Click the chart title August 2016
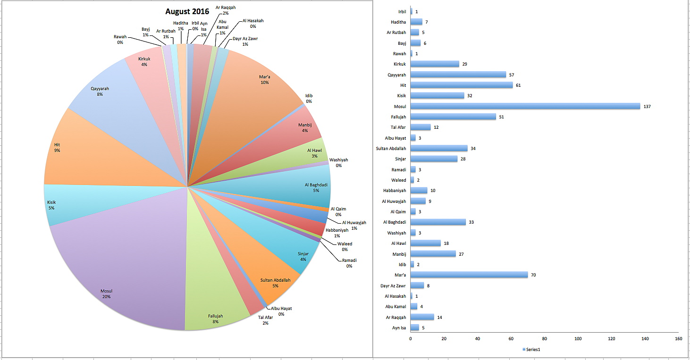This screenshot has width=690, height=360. (x=187, y=12)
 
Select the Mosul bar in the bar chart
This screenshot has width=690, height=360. (x=525, y=106)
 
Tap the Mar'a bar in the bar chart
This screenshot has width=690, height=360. (x=469, y=275)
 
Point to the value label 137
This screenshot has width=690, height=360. (x=647, y=107)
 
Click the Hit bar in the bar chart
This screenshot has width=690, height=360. (x=462, y=85)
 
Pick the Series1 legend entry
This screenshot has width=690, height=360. (x=533, y=349)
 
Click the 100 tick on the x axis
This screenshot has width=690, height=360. (x=578, y=339)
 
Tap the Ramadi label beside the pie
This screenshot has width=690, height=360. (x=349, y=263)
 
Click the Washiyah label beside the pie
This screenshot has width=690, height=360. (x=338, y=162)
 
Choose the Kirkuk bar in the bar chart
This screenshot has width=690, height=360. (x=435, y=64)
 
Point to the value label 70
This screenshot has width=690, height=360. (x=534, y=275)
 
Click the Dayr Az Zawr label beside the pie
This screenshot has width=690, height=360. (x=245, y=41)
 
